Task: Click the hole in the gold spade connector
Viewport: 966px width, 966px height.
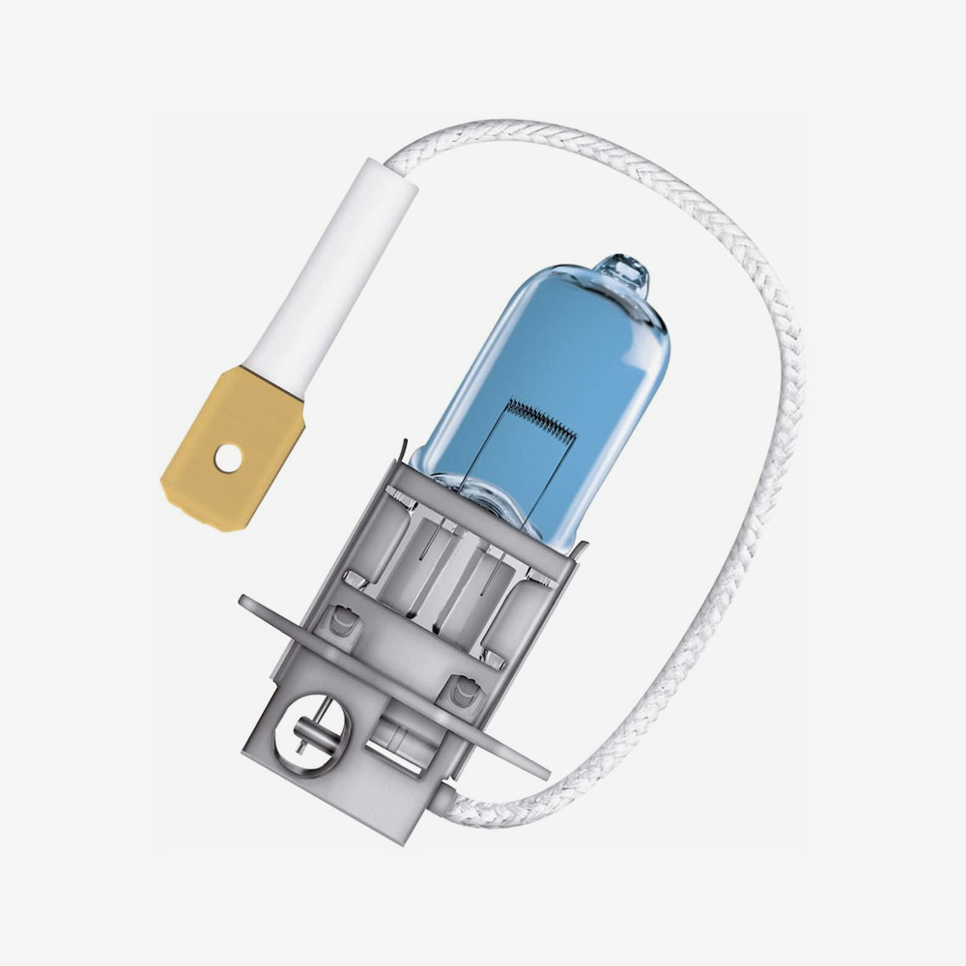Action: click(228, 459)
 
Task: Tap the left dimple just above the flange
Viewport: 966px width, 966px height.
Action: click(340, 618)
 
